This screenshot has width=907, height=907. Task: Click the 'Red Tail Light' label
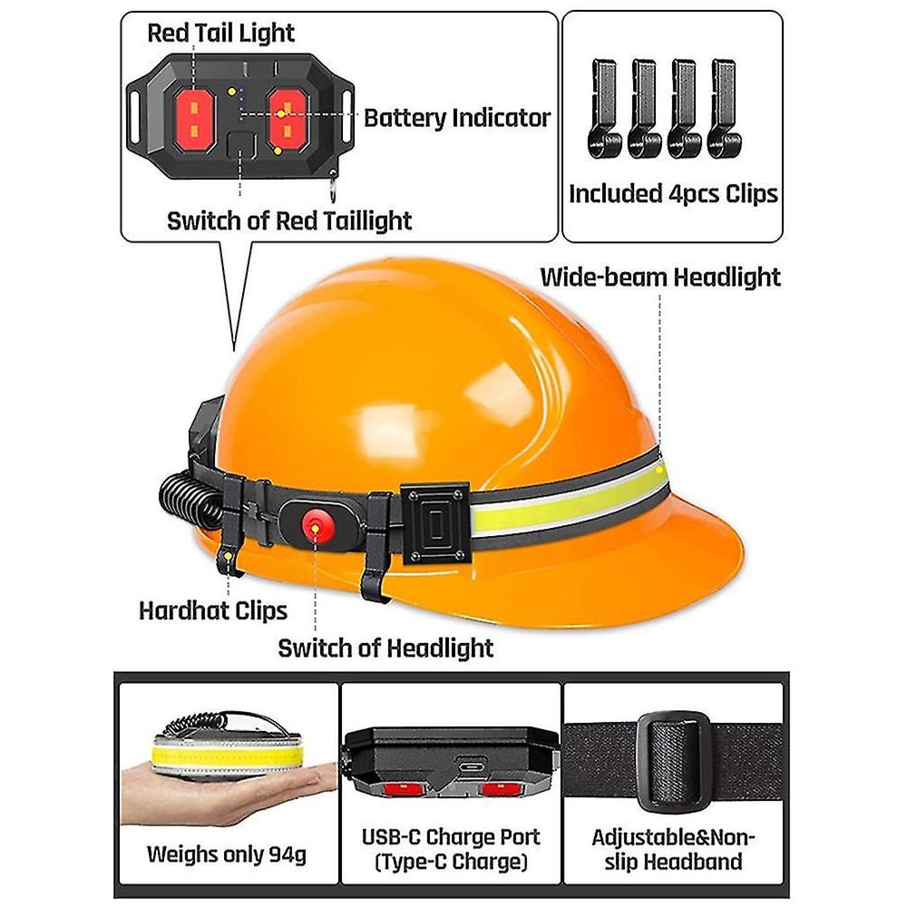coord(221,33)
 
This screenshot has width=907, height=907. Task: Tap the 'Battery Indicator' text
coord(457,118)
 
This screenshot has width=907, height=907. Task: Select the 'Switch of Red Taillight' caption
coord(289,221)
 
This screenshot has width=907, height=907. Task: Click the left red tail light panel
coord(194,120)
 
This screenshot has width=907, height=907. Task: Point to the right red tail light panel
coord(288,120)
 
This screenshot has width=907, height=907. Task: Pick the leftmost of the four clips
coord(603,110)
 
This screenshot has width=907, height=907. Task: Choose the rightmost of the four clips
coord(724,110)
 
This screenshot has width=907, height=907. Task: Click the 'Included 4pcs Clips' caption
coord(673,194)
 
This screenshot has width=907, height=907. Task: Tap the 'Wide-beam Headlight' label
coord(660,277)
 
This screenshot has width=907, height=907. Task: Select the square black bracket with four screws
coord(435,523)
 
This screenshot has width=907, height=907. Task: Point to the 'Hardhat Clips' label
coord(213,610)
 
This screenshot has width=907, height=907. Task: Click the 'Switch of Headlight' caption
coord(385,649)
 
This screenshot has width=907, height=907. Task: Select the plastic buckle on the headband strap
coord(673,763)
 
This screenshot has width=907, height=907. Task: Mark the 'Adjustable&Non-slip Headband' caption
coord(673,849)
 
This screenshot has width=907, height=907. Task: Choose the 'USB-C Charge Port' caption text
coord(451,837)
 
